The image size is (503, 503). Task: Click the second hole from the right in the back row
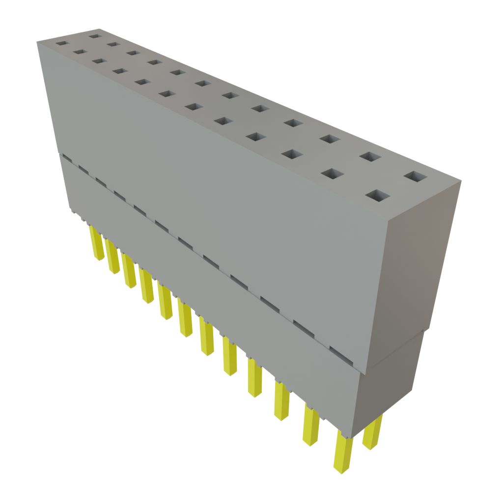click(x=371, y=157)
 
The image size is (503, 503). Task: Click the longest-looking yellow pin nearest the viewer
click(x=342, y=452)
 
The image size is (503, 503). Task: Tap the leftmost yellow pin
click(x=96, y=243)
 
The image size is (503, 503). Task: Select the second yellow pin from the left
click(x=112, y=257)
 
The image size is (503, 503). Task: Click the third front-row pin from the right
click(x=281, y=400)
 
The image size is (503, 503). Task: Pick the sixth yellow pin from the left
click(x=185, y=319)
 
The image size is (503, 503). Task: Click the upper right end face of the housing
click(x=420, y=265)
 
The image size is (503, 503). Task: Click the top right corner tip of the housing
click(x=461, y=181)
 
